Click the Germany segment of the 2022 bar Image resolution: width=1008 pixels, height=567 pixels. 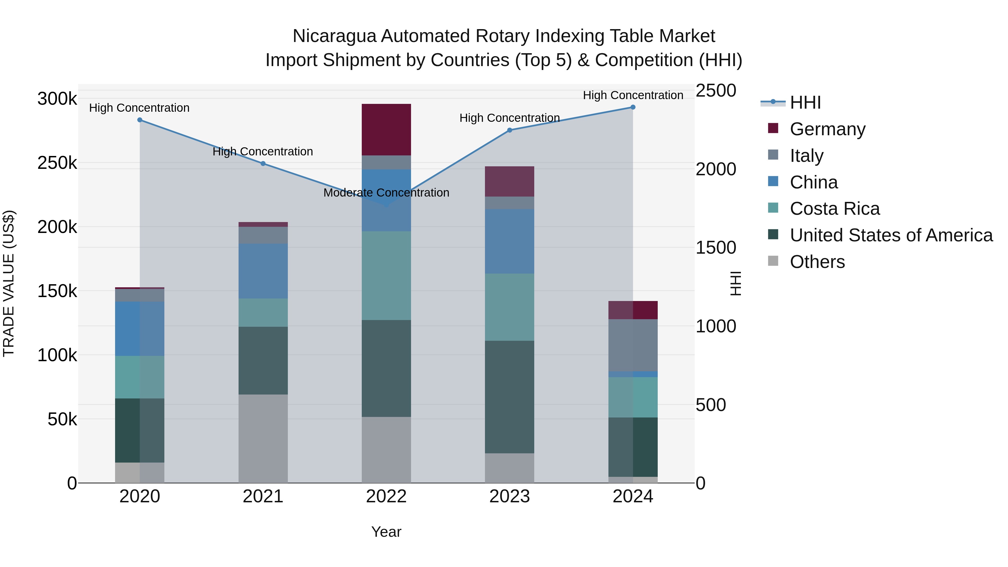point(386,130)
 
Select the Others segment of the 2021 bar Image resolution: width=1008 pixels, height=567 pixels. point(263,438)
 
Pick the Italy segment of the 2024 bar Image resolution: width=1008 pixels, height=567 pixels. point(633,345)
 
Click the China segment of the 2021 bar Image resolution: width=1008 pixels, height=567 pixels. point(263,271)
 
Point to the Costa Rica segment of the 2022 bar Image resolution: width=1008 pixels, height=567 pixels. point(386,276)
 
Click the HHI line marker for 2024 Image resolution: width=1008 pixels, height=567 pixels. point(633,107)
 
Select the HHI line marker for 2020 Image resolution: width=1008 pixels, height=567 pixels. point(140,120)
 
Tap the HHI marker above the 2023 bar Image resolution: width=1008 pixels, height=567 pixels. point(510,130)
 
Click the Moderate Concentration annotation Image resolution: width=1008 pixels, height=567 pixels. point(386,193)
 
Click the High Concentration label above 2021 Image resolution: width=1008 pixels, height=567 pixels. point(263,151)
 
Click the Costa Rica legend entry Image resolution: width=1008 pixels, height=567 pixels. point(834,209)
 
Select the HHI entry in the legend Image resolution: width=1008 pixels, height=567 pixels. point(805,102)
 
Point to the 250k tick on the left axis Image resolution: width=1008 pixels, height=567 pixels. point(57,163)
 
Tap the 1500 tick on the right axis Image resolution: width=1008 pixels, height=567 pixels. point(716,248)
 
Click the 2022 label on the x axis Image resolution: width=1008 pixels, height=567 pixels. point(386,496)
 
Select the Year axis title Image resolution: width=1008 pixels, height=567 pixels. point(386,532)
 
